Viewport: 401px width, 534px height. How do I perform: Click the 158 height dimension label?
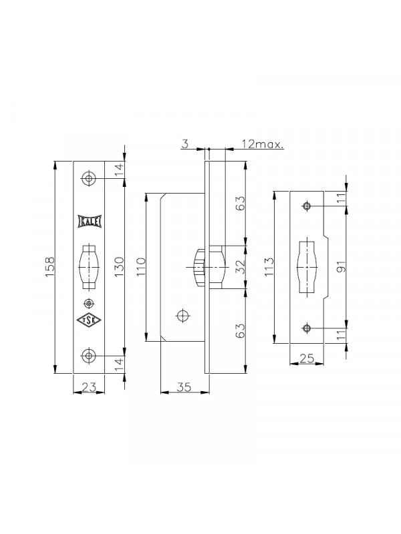click(x=49, y=268)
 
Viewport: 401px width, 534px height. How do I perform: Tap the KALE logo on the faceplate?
click(x=90, y=222)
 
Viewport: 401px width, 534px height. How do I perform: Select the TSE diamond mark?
click(x=89, y=320)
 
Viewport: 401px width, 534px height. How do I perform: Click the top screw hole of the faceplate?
click(x=89, y=178)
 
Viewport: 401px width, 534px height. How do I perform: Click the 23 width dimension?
click(x=89, y=387)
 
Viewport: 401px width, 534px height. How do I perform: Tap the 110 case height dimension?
click(x=141, y=268)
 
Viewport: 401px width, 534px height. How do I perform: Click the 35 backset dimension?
click(x=184, y=387)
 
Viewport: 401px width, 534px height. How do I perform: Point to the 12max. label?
click(x=263, y=144)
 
